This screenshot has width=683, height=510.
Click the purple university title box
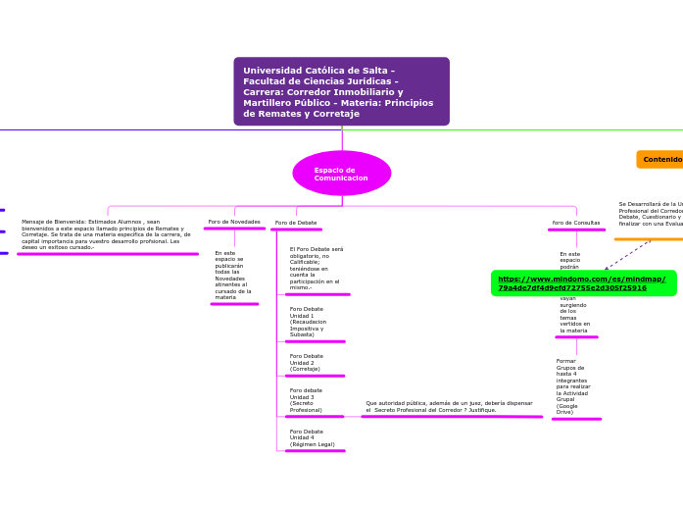[x=341, y=91]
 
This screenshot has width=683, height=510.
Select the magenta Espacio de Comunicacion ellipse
[x=341, y=174]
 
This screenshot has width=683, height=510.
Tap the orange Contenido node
[x=661, y=159]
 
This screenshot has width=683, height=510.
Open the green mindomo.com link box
[x=583, y=283]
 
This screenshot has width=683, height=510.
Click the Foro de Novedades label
[x=234, y=222]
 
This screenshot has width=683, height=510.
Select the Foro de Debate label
[x=296, y=223]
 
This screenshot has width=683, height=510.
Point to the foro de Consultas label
[x=576, y=223]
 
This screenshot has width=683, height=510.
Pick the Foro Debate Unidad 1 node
[x=307, y=321]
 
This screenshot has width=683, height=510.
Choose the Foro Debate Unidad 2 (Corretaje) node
[x=307, y=362]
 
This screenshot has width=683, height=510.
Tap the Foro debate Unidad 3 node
[x=307, y=400]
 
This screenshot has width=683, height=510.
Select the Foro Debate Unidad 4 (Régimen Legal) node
[x=312, y=437]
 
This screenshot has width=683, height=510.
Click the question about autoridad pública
[x=450, y=406]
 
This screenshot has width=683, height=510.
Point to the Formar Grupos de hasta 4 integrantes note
[x=573, y=386]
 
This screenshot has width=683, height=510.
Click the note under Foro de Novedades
[x=233, y=275]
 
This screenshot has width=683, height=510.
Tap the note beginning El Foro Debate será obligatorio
[x=317, y=268]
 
